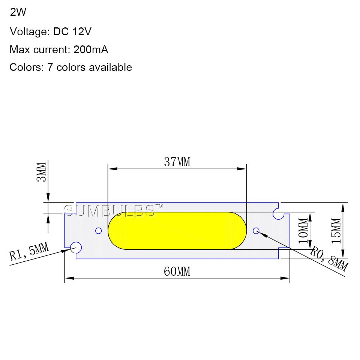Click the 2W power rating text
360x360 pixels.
pos(18,12)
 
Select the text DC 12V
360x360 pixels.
pos(72,31)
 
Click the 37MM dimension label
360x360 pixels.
pos(177,162)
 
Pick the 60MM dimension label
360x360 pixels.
pos(177,271)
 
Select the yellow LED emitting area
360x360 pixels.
pos(177,231)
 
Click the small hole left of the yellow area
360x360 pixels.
pos(99,231)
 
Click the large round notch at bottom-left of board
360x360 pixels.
pos(76,247)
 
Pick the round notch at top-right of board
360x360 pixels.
pos(279,214)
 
